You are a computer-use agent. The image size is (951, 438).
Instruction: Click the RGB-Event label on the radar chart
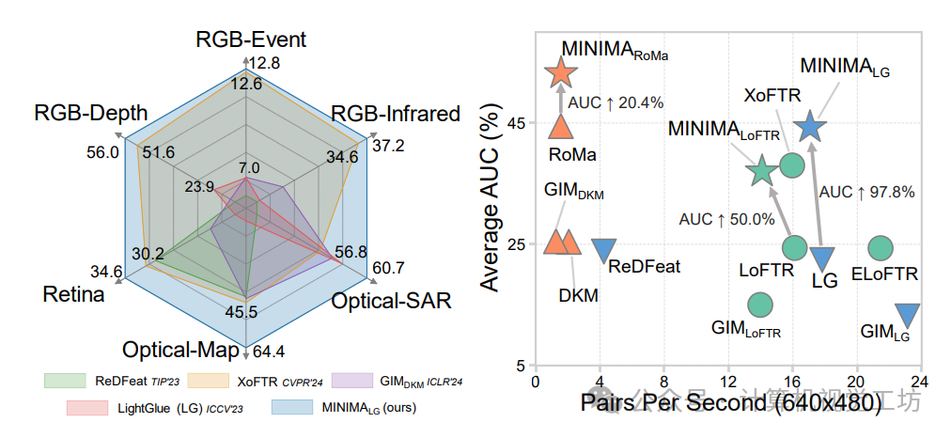point(251,39)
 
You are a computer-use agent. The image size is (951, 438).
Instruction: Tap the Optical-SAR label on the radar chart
point(391,301)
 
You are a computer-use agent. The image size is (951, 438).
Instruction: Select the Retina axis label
point(73,295)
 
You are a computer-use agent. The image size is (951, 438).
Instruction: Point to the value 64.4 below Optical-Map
point(269,353)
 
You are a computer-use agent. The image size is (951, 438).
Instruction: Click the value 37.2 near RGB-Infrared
point(388,145)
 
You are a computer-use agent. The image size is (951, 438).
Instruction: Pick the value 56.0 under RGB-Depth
point(101,152)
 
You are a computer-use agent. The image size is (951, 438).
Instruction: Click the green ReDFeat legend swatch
point(65,381)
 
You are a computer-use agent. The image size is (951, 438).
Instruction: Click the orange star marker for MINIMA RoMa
point(561,72)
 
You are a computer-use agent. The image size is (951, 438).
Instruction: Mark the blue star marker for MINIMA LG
point(810,127)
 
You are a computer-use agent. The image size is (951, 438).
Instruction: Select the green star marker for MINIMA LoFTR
point(762,171)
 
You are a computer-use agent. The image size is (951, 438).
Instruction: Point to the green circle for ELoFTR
point(881,247)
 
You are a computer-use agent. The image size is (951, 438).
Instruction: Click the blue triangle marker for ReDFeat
point(604,250)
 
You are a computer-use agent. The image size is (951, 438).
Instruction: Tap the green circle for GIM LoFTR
point(759,305)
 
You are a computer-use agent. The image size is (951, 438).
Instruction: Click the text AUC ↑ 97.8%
point(866,192)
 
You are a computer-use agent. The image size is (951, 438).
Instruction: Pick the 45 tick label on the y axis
point(517,123)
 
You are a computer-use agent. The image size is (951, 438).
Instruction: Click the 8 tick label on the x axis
point(663,383)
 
